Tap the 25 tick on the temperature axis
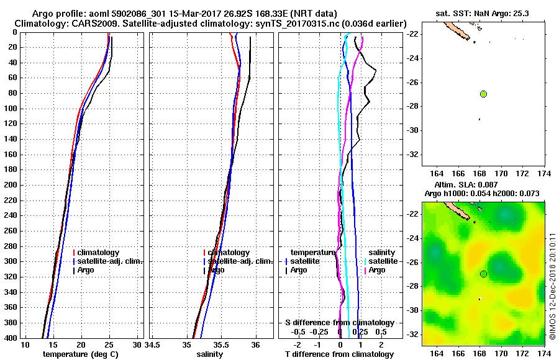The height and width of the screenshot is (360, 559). click(109, 344)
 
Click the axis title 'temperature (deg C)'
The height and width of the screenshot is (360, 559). click(80, 354)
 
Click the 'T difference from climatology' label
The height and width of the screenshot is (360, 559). click(339, 354)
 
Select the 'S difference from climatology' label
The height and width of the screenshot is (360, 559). click(339, 323)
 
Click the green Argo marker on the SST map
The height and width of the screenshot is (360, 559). click(483, 94)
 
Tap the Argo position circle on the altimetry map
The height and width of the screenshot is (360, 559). click(483, 274)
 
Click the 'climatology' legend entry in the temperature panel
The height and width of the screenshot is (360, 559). click(100, 253)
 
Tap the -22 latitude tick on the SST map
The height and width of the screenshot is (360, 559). click(413, 34)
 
